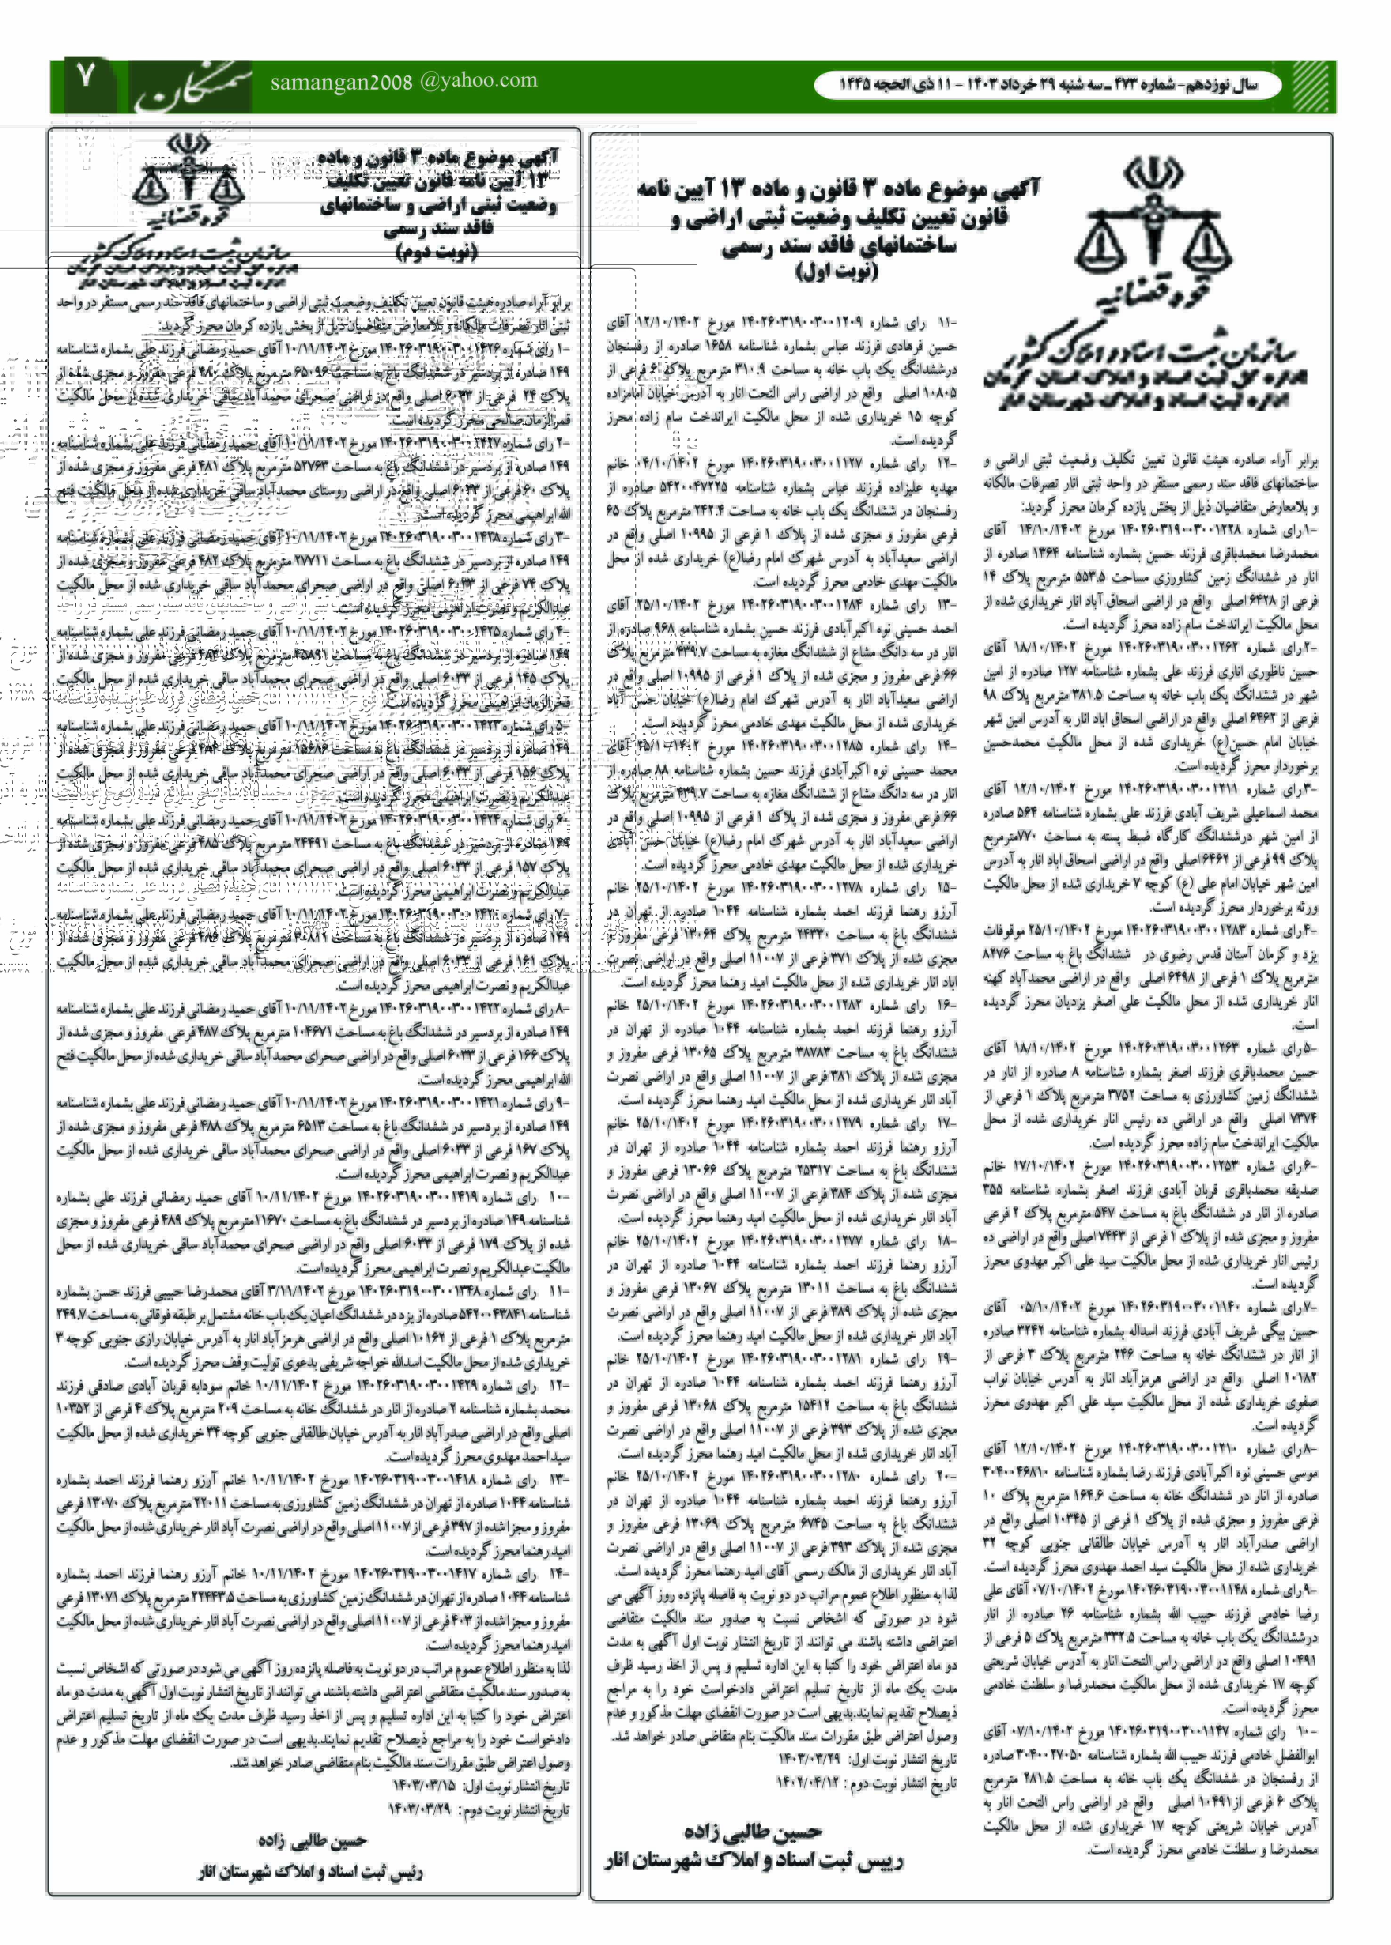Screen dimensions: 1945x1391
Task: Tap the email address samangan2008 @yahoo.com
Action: pyautogui.click(x=403, y=82)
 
